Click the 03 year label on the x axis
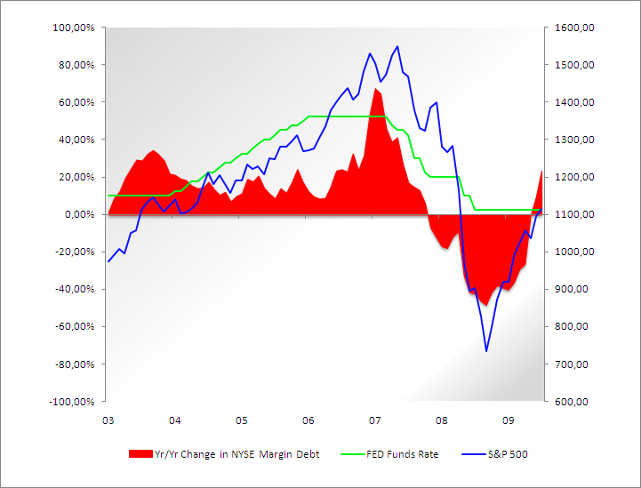pyautogui.click(x=108, y=420)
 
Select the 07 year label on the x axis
pyautogui.click(x=374, y=420)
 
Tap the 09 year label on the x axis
pyautogui.click(x=508, y=420)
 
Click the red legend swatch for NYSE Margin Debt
pyautogui.click(x=140, y=454)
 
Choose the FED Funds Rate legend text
pyautogui.click(x=405, y=454)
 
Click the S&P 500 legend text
pyautogui.click(x=508, y=454)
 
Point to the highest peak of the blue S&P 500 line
pyautogui.click(x=397, y=46)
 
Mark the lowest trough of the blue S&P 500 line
pyautogui.click(x=486, y=350)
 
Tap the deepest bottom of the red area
pyautogui.click(x=485, y=305)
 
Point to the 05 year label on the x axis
pyautogui.click(x=241, y=420)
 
